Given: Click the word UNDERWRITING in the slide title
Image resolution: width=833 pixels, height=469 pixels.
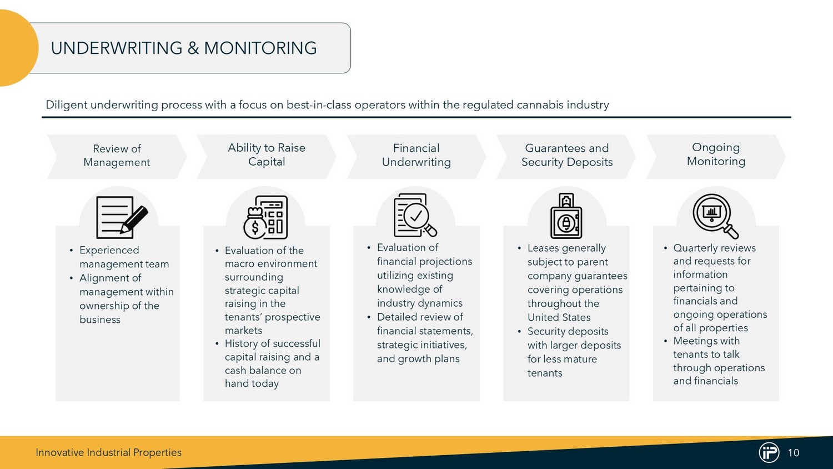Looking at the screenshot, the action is pyautogui.click(x=117, y=48).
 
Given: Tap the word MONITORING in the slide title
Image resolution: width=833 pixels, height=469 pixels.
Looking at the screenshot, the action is pyautogui.click(x=260, y=48).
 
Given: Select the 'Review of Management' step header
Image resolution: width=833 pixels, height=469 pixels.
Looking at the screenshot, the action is pyautogui.click(x=117, y=156).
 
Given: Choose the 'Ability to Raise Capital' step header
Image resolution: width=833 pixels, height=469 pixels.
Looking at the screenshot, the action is pyautogui.click(x=267, y=155).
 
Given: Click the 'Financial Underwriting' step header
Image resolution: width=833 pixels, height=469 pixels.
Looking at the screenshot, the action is pyautogui.click(x=416, y=155).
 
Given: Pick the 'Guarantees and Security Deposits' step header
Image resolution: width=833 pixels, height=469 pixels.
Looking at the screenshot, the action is pyautogui.click(x=567, y=155).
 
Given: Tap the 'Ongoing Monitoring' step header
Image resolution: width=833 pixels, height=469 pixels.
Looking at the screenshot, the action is pyautogui.click(x=716, y=154).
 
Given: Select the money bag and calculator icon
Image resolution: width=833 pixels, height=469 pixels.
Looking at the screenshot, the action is pyautogui.click(x=265, y=217).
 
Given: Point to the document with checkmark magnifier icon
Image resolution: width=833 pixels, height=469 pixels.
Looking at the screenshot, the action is pyautogui.click(x=415, y=215).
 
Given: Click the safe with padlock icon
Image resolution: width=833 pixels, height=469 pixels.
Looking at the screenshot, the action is pyautogui.click(x=566, y=216).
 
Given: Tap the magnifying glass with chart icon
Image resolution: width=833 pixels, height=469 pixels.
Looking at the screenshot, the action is pyautogui.click(x=715, y=216).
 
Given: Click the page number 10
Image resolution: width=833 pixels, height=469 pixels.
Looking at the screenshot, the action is pyautogui.click(x=793, y=453).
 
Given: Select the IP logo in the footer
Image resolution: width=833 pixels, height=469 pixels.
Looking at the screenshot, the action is pyautogui.click(x=769, y=452).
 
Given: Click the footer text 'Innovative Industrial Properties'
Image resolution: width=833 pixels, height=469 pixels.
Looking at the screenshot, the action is pyautogui.click(x=109, y=453).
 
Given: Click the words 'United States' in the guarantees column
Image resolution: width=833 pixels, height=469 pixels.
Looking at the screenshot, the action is pyautogui.click(x=559, y=317).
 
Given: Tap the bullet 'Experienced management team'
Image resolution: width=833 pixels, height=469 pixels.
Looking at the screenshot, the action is pyautogui.click(x=124, y=257).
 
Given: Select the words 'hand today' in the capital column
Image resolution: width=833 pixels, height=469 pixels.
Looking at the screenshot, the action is pyautogui.click(x=252, y=384).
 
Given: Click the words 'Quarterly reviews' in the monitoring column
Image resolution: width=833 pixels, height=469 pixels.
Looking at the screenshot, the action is pyautogui.click(x=714, y=248).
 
